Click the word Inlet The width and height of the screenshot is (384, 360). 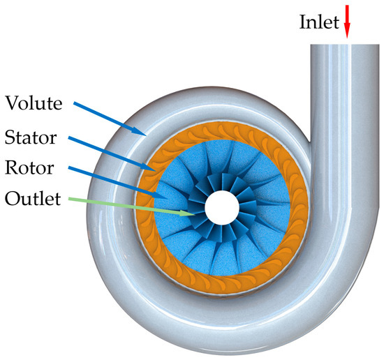pyautogui.click(x=318, y=21)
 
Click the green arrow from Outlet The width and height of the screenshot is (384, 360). pyautogui.click(x=133, y=207)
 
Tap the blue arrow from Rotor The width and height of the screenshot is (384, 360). pyautogui.click(x=119, y=183)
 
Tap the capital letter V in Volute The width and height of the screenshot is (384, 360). pyautogui.click(x=11, y=104)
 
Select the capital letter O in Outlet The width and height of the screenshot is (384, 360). pyautogui.click(x=11, y=200)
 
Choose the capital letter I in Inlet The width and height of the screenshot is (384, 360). pyautogui.click(x=303, y=21)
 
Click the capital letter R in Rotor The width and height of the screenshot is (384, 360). pyautogui.click(x=10, y=168)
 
